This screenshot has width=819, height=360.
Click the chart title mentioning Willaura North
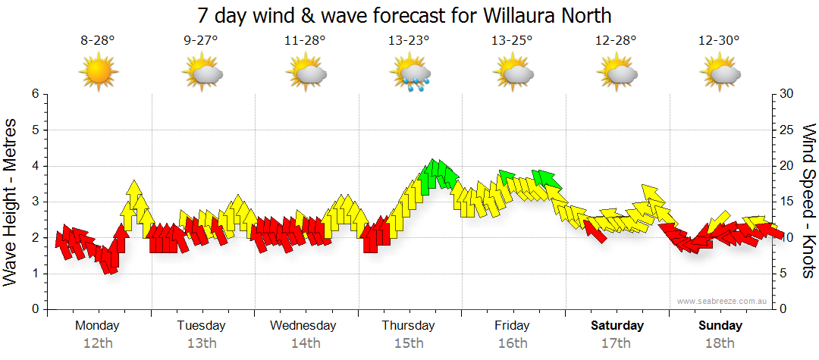click(x=404, y=15)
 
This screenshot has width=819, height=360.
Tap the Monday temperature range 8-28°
click(x=98, y=41)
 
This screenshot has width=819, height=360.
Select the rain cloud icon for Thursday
click(x=410, y=74)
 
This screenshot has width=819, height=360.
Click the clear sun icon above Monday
click(x=99, y=74)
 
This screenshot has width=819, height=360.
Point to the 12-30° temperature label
click(x=719, y=41)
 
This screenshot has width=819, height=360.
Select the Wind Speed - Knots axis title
click(x=808, y=201)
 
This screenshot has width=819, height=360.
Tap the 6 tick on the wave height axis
click(x=34, y=94)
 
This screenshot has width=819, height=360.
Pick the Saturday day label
click(x=617, y=326)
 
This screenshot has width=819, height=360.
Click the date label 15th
click(x=408, y=343)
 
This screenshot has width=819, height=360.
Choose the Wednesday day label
click(x=303, y=326)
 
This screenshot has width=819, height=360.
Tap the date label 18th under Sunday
click(x=720, y=343)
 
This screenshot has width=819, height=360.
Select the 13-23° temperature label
click(x=409, y=41)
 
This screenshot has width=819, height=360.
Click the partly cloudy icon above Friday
click(x=513, y=74)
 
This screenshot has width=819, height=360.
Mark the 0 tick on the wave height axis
click(x=34, y=310)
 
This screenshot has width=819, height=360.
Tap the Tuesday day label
click(x=201, y=326)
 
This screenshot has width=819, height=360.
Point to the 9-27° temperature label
click(x=201, y=41)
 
